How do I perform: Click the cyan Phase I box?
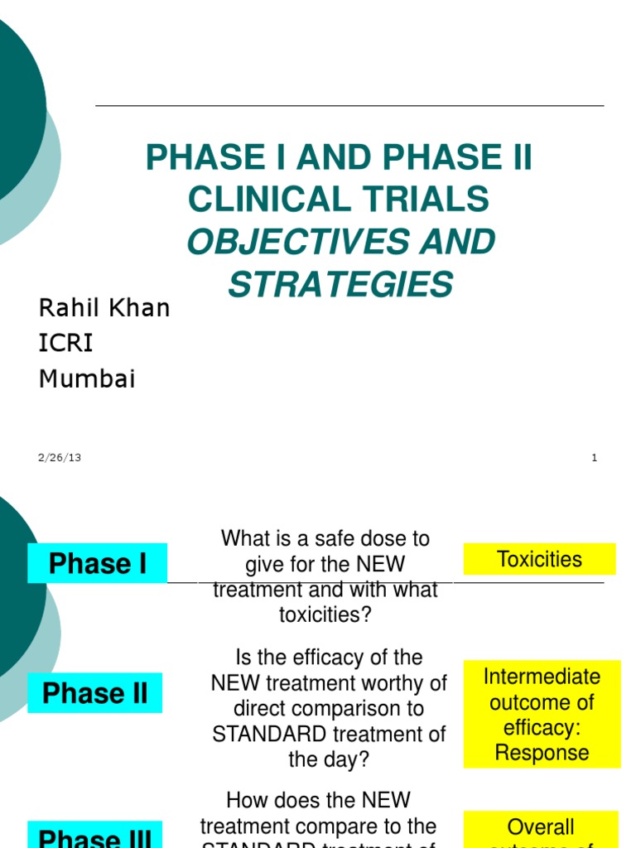98,563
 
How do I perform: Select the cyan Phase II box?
95,693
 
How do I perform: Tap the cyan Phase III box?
95,836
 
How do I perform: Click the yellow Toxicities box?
539,559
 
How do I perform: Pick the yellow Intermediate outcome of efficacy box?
542,715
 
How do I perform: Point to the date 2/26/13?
60,458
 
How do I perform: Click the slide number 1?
594,458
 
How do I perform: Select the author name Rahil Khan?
104,308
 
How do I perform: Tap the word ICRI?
66,343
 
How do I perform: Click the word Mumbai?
87,379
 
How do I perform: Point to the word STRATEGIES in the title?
340,284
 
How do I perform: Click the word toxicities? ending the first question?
325,615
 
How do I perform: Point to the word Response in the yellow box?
542,753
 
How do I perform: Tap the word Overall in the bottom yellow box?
541,826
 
